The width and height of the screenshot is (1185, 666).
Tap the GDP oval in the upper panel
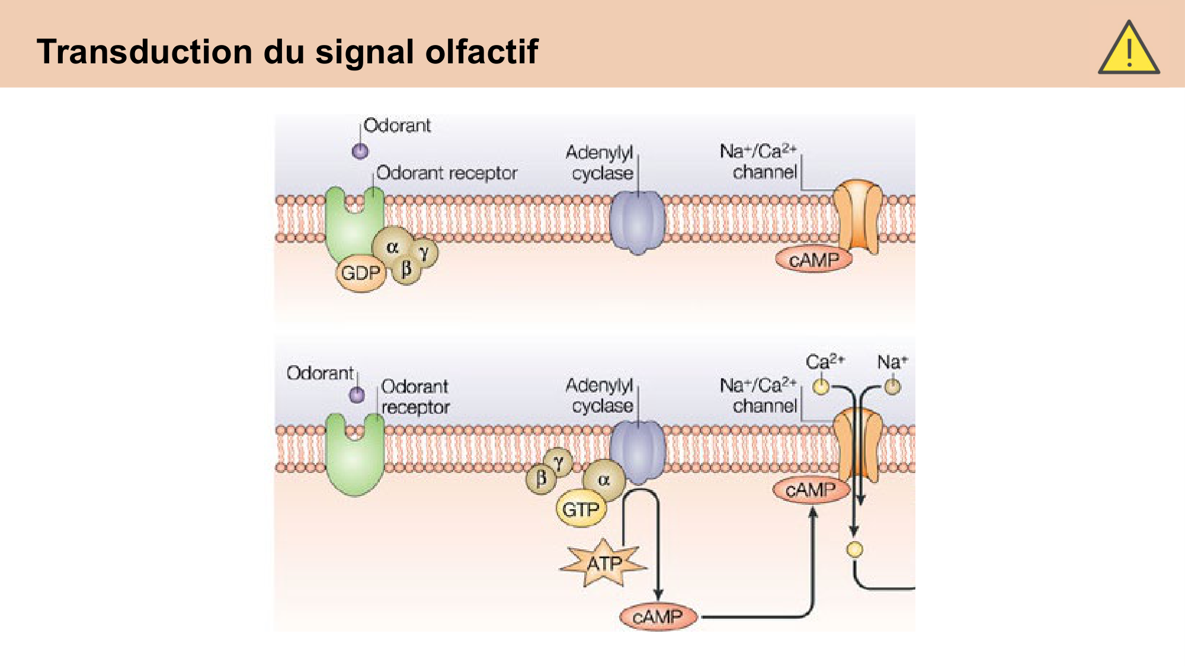point(360,273)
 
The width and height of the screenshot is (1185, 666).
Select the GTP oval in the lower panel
point(581,509)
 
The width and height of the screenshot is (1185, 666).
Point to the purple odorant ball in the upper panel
point(360,152)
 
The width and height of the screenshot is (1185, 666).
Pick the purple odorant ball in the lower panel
point(357,395)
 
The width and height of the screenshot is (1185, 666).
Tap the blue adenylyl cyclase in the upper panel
point(638,222)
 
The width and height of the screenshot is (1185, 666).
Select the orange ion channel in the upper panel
point(857,216)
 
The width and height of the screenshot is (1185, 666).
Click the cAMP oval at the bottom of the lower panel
point(658,617)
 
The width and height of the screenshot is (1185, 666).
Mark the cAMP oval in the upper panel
point(814,260)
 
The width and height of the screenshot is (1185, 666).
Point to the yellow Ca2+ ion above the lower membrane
point(821,387)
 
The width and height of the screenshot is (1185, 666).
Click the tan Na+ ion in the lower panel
point(892,387)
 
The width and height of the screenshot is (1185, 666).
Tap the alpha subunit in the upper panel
point(392,247)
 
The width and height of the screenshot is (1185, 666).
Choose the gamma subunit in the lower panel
point(558,462)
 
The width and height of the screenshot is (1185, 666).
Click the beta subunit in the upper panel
point(406,270)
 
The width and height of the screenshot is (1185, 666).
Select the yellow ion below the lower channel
point(854,549)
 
